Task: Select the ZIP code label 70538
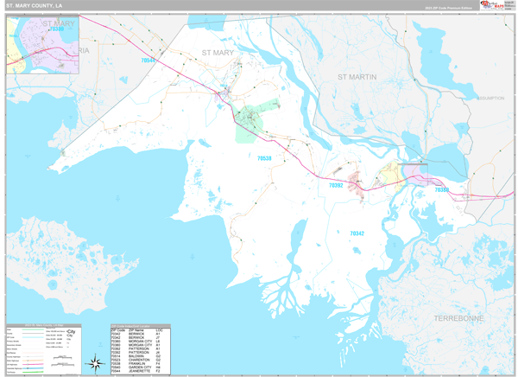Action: [263, 157]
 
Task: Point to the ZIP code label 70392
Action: [335, 185]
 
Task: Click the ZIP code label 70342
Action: [357, 233]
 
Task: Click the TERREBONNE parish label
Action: [457, 318]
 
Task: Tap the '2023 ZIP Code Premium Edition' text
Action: [444, 7]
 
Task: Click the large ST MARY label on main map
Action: [218, 53]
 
